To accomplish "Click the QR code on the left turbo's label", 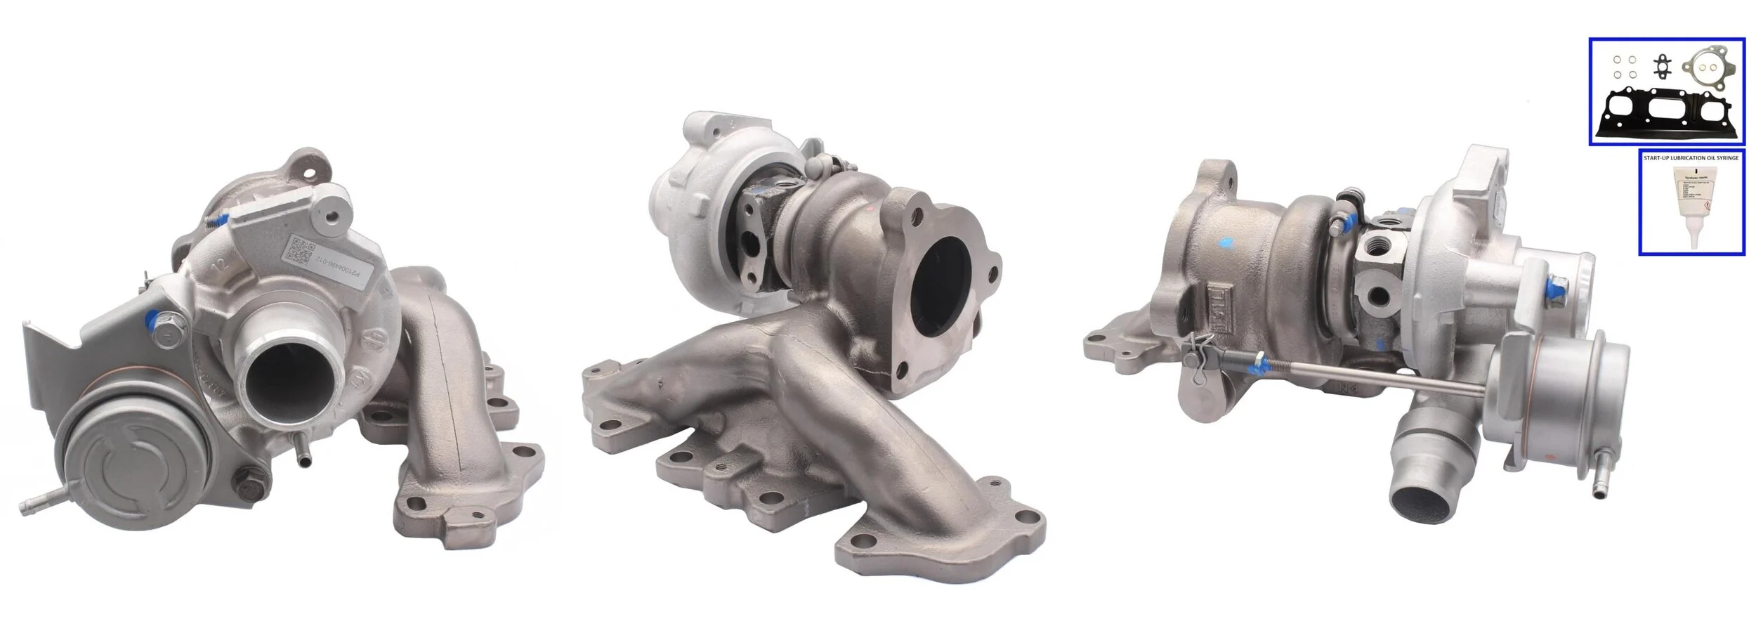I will tap(301, 251).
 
